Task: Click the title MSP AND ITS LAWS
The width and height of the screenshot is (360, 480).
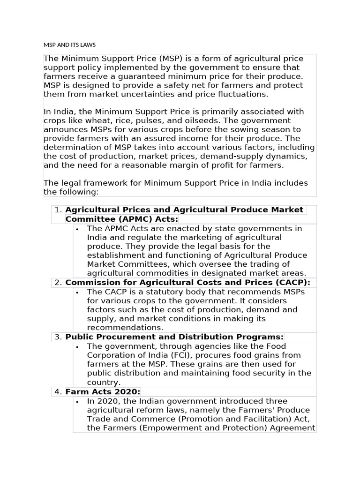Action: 69,45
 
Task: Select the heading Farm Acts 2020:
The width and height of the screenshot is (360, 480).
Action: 103,392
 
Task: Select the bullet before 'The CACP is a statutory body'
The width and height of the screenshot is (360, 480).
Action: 78,292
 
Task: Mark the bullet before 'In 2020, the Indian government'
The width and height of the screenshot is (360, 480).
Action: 78,402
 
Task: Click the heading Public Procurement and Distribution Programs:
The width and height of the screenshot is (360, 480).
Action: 174,337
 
